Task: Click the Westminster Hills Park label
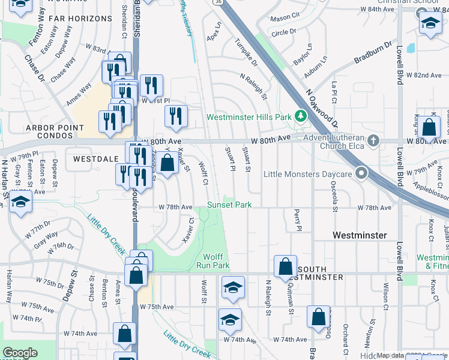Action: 249,116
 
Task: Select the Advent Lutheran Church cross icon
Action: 373,142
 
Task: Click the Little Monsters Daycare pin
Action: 361,174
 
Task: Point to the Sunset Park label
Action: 229,205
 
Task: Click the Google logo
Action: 20,353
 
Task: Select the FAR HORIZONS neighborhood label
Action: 80,19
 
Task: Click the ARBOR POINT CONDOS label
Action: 51,132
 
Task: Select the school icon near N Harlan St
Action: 20,200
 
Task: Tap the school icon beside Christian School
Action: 430,23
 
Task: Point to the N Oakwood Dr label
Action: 319,104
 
